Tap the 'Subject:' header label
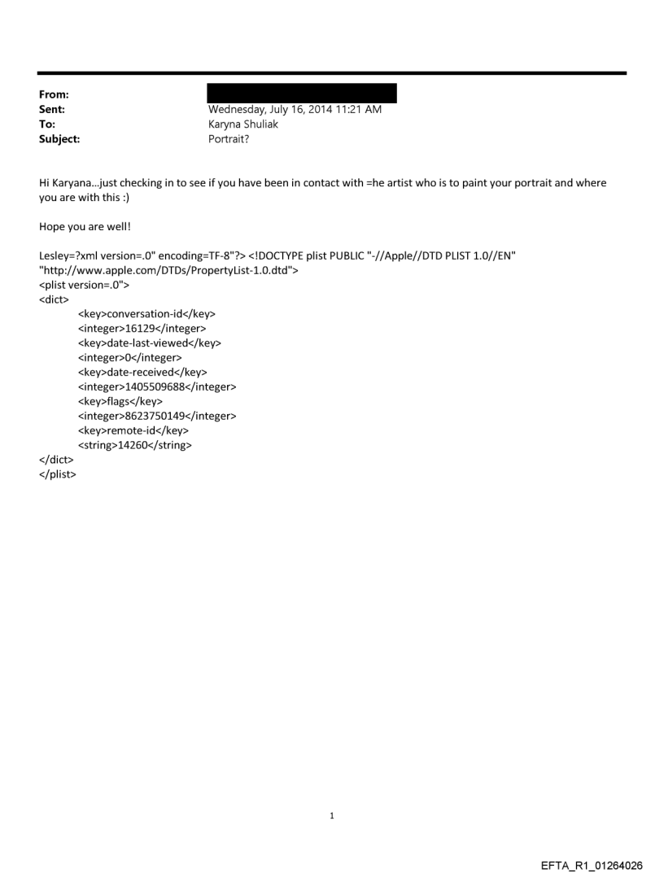click(x=58, y=139)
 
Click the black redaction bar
click(x=302, y=93)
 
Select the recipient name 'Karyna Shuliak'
click(x=243, y=124)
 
